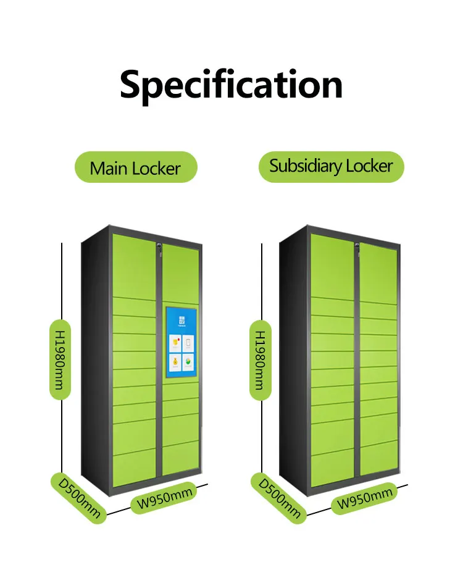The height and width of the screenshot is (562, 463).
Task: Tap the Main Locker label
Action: click(135, 168)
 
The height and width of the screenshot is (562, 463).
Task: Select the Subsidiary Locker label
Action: click(331, 166)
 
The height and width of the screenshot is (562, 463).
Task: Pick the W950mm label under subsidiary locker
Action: click(364, 497)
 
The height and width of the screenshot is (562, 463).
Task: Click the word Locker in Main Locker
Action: click(159, 168)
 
